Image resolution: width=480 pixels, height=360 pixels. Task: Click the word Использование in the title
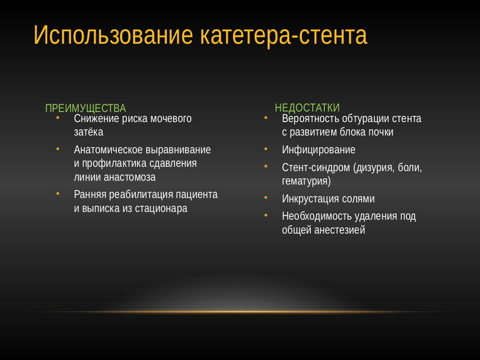pyautogui.click(x=113, y=36)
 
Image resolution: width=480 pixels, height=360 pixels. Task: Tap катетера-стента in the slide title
pyautogui.click(x=283, y=36)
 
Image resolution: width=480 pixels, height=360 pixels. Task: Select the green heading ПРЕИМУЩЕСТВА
pyautogui.click(x=86, y=108)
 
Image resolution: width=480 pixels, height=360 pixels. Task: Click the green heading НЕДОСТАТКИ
pyautogui.click(x=307, y=108)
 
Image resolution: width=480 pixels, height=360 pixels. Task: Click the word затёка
pyautogui.click(x=88, y=132)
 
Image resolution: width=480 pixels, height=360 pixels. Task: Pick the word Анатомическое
pyautogui.click(x=108, y=149)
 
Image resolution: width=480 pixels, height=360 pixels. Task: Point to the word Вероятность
pyautogui.click(x=310, y=118)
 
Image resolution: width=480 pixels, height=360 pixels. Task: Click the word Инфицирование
pyautogui.click(x=319, y=149)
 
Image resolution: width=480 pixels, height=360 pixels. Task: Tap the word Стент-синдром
pyautogui.click(x=316, y=167)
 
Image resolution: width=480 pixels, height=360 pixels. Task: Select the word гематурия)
pyautogui.click(x=307, y=181)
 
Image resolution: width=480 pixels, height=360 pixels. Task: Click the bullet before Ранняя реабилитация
pyautogui.click(x=58, y=194)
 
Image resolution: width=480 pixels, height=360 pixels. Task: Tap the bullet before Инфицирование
pyautogui.click(x=266, y=149)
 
